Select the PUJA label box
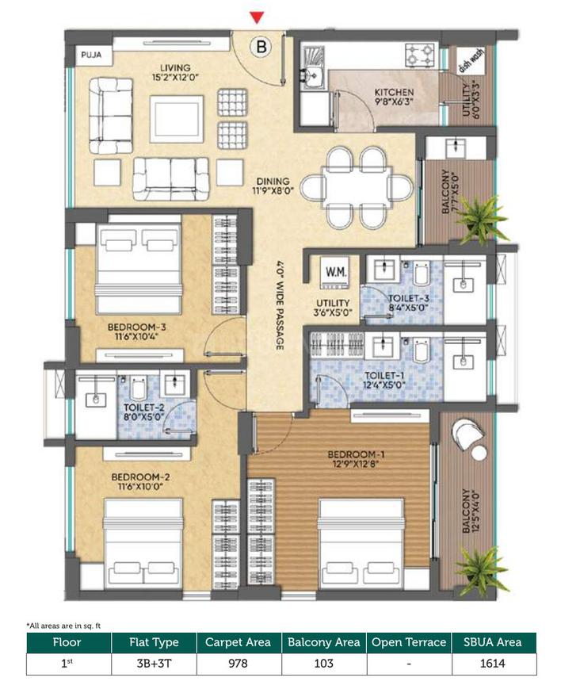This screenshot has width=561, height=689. click(88, 56)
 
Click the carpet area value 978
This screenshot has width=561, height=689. click(239, 663)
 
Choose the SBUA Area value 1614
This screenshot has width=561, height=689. click(494, 663)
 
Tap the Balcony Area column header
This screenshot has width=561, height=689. click(323, 642)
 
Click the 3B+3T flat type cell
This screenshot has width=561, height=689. click(155, 663)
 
